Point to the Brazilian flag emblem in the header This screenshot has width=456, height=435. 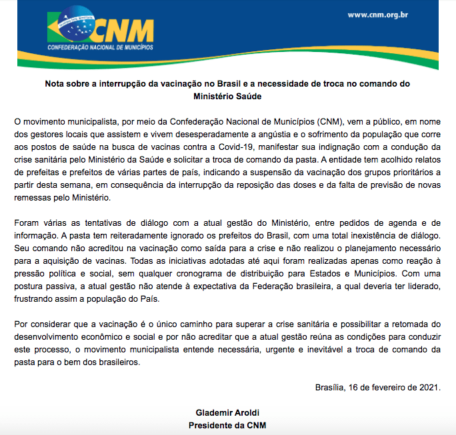pyautogui.click(x=69, y=29)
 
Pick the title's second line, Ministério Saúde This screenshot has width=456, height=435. pyautogui.click(x=227, y=96)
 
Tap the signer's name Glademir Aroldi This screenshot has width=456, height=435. pyautogui.click(x=227, y=412)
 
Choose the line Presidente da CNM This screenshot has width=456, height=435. pyautogui.click(x=227, y=425)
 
